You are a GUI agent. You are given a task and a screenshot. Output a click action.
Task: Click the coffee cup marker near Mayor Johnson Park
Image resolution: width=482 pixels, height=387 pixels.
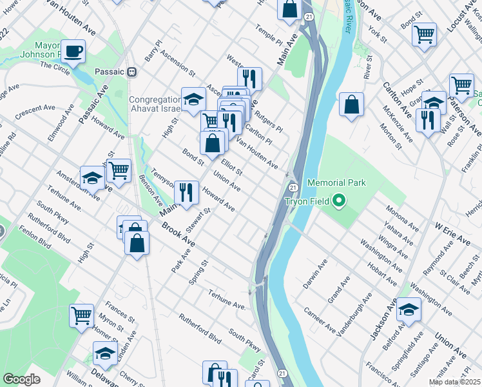tap(73, 51)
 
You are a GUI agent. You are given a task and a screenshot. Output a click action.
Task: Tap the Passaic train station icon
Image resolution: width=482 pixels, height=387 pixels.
tap(131, 72)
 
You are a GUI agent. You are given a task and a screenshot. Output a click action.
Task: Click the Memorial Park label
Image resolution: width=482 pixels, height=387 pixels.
tap(336, 183)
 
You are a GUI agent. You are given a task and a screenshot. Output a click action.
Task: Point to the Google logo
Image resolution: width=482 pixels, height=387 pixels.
tap(22, 379)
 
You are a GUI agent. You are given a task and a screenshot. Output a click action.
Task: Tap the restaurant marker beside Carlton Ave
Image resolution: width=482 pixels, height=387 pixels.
tap(428, 119)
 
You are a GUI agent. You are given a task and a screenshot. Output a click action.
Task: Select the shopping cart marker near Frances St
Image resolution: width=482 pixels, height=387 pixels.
tap(82, 316)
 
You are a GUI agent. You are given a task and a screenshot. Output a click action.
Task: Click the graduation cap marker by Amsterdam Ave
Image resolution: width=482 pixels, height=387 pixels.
tap(93, 178)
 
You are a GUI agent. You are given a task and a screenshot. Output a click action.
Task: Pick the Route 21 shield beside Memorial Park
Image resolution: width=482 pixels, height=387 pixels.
tap(293, 187)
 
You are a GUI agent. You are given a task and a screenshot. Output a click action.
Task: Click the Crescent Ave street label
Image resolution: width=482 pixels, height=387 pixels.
tap(36, 110)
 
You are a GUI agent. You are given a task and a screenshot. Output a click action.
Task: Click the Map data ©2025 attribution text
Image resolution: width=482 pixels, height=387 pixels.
tap(455, 382)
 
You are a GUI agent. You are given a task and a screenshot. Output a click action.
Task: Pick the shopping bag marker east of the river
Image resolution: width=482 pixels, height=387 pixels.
tap(351, 104)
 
